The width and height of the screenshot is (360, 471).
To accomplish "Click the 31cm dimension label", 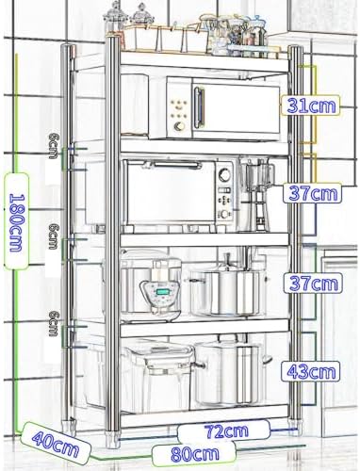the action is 311,106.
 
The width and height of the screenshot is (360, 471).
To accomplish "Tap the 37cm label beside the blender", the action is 313,193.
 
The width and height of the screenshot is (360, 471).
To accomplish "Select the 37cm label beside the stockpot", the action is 313,283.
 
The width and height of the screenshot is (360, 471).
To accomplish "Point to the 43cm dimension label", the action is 311,371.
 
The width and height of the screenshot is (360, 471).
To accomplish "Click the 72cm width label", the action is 226,430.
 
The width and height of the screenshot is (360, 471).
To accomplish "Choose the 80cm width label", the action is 195,454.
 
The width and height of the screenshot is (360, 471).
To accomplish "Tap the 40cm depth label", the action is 56,444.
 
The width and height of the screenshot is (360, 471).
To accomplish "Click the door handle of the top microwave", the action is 199,107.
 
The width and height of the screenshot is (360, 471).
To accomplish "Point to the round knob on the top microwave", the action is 180,126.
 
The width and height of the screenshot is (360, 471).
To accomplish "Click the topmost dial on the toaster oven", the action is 224,174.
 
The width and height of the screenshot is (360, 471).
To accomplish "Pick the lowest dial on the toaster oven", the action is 224,215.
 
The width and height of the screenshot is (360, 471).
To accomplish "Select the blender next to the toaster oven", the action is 257,195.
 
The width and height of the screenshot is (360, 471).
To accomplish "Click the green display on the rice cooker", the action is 161,292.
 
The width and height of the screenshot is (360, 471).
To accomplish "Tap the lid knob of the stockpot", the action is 226,260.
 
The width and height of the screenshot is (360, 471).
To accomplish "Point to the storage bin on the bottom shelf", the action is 156,375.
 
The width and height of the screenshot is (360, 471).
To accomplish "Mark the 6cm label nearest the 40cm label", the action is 54,323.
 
